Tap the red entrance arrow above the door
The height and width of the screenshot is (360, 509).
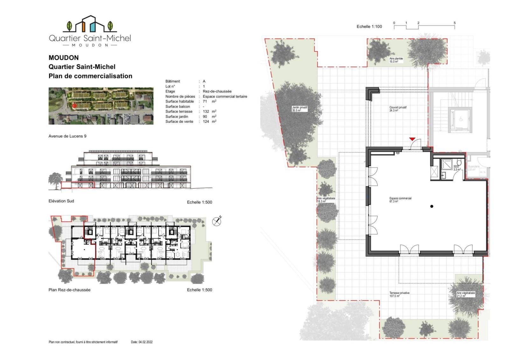(x=412, y=139)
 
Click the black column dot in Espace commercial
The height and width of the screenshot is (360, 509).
(x=432, y=206)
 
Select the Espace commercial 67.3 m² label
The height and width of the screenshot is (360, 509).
(x=400, y=200)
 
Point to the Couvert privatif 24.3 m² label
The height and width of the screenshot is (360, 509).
(x=398, y=109)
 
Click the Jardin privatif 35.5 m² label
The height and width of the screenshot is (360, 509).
(x=300, y=109)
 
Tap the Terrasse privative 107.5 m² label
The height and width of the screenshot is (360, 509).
(x=399, y=294)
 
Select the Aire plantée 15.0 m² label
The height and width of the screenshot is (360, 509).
(x=396, y=60)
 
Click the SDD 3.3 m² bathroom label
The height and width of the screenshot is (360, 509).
(x=457, y=168)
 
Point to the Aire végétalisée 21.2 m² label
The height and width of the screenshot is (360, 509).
(x=465, y=294)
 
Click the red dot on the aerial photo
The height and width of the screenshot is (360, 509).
(x=74, y=106)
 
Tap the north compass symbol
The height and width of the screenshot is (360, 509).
(x=217, y=221)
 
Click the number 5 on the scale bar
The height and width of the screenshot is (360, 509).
(x=455, y=23)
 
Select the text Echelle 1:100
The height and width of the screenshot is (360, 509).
(x=369, y=26)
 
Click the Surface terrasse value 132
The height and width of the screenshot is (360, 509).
(x=206, y=111)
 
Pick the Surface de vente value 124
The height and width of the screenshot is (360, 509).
(x=206, y=122)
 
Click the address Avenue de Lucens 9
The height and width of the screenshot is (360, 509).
(x=67, y=136)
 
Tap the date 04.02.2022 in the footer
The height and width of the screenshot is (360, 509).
(x=145, y=342)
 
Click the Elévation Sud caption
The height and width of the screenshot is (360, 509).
(x=61, y=201)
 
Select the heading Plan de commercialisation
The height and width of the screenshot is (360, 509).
(x=90, y=76)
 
